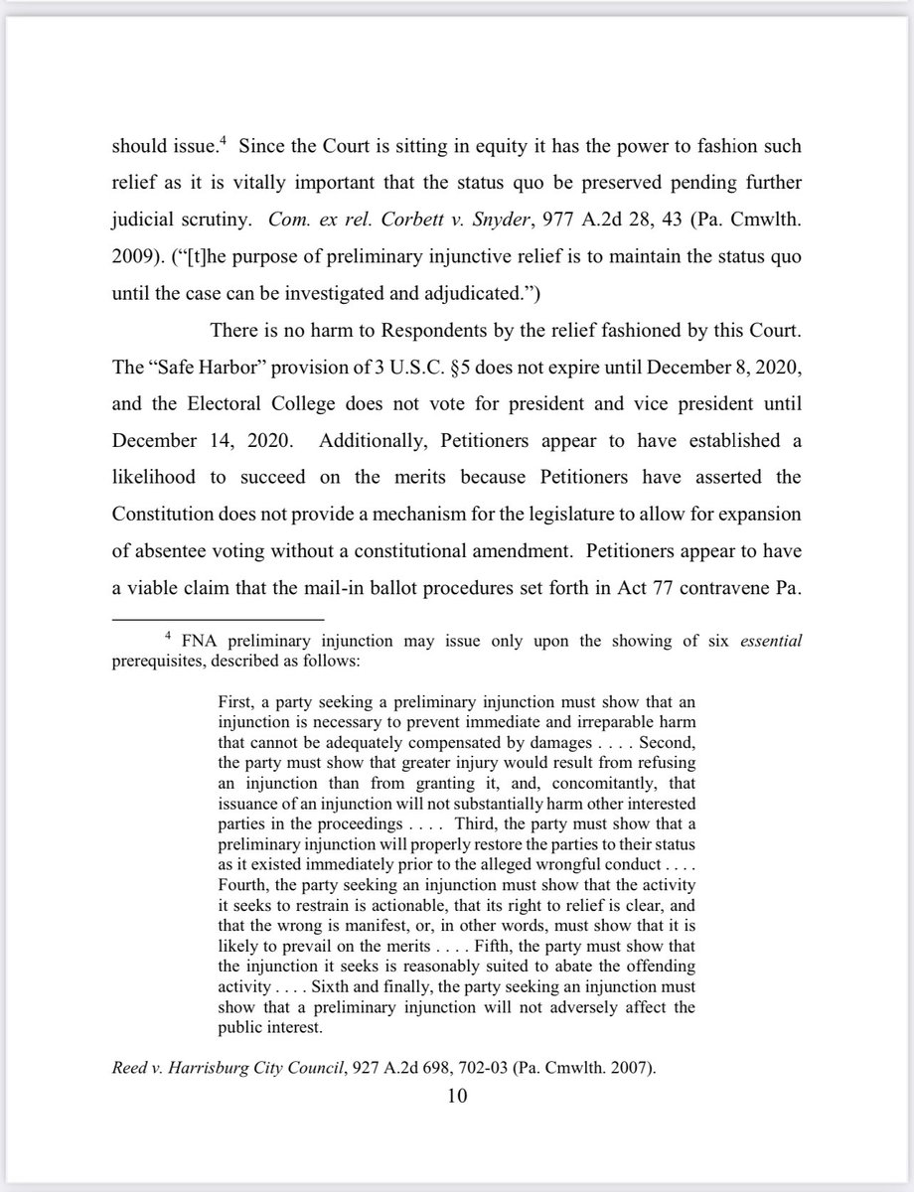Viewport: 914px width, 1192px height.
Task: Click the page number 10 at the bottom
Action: pyautogui.click(x=457, y=1097)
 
